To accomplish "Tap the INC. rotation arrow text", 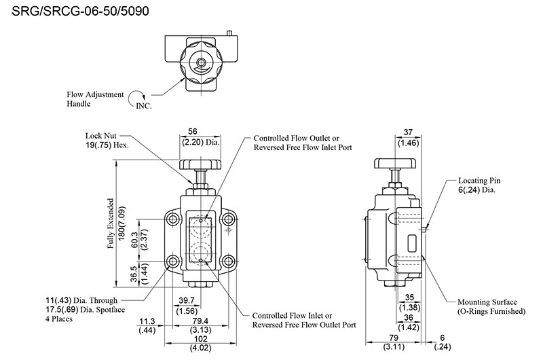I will coord(145,107).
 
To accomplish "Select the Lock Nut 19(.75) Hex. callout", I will coord(107,140).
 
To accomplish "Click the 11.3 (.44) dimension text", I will coord(145,325).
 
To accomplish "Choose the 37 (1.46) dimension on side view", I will coord(409,139).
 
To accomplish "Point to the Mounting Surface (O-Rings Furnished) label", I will coord(491,306).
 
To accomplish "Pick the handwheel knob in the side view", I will coord(395,164).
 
